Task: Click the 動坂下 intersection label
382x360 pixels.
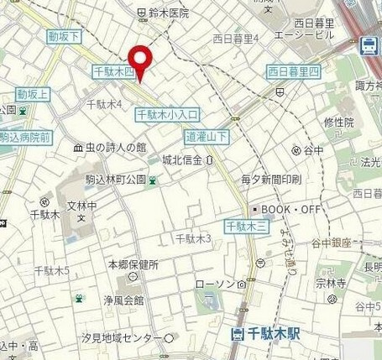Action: click(64, 36)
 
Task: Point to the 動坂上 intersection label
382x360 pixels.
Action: click(33, 92)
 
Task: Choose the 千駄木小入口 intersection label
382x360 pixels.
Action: click(167, 113)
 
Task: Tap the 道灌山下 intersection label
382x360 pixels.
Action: click(207, 135)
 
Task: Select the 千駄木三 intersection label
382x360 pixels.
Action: click(247, 226)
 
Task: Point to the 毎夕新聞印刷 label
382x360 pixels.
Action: click(270, 180)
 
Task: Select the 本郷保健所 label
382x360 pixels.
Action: click(128, 264)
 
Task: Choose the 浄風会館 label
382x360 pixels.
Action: click(123, 299)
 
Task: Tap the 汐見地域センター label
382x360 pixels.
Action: click(128, 337)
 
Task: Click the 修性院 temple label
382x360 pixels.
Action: click(338, 122)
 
